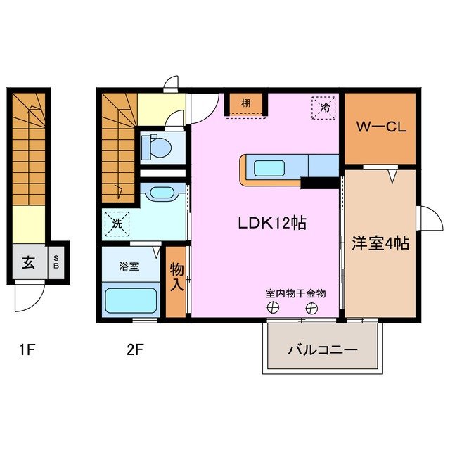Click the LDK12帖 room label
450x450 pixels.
(x=270, y=223)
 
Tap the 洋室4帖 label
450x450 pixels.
(x=380, y=243)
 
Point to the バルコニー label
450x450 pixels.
(x=323, y=349)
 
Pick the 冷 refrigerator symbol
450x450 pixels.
(x=325, y=108)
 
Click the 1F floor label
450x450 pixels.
(x=27, y=349)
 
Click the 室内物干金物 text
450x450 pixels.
(x=295, y=293)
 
